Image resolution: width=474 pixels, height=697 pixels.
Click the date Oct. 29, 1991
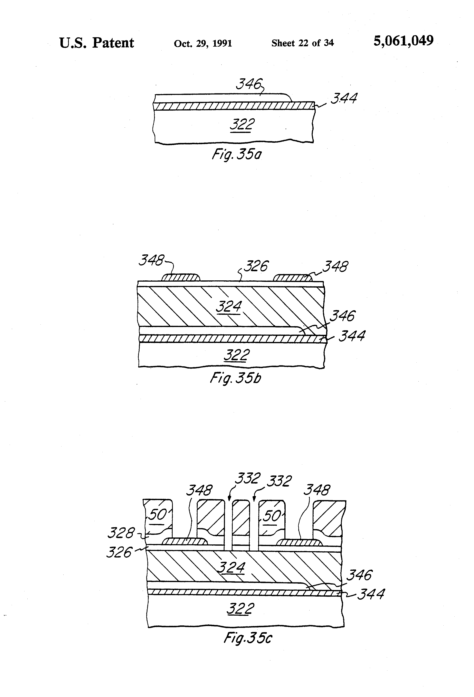(x=203, y=44)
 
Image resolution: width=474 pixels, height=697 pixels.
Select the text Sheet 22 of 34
(x=302, y=43)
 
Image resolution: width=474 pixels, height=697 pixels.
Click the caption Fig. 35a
(x=237, y=154)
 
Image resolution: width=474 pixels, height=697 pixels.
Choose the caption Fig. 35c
(x=248, y=638)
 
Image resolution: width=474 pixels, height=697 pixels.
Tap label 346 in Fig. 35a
(x=249, y=84)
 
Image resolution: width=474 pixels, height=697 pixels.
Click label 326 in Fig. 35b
(x=256, y=266)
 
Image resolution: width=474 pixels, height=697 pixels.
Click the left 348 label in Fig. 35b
(x=151, y=260)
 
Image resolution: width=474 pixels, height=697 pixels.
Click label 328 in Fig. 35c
(x=121, y=533)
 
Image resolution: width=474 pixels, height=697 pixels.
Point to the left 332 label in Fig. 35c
(x=247, y=478)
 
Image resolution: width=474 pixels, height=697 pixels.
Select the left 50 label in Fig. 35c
(x=157, y=515)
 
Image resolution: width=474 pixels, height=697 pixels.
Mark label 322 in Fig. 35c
(x=240, y=609)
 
